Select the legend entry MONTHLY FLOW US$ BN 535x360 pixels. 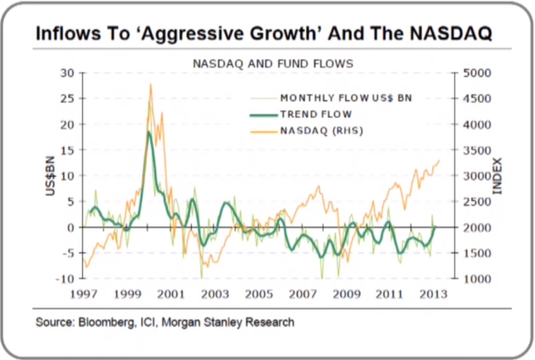[x=346, y=98]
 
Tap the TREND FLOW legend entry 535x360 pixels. [x=316, y=114]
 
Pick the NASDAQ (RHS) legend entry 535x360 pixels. [x=322, y=131]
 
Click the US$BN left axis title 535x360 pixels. [x=51, y=176]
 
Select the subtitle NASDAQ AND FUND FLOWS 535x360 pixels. [x=273, y=63]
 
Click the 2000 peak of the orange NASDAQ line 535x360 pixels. [x=150, y=84]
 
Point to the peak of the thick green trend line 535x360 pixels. [x=149, y=132]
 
